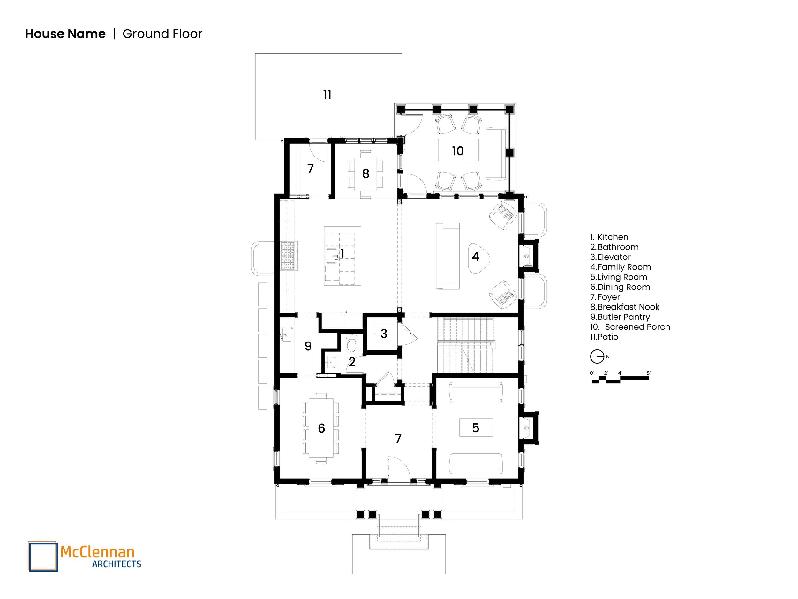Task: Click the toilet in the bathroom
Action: point(351,343)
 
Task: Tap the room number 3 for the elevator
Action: point(383,334)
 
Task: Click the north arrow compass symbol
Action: point(597,357)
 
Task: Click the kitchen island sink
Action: point(332,256)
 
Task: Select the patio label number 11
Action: point(327,95)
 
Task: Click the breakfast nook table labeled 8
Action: point(365,174)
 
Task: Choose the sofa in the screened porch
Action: point(496,153)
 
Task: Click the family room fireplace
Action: point(527,256)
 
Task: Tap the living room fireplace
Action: point(527,428)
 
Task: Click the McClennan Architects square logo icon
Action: point(43,557)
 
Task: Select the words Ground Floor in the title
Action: point(162,34)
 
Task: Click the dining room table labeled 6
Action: point(321,428)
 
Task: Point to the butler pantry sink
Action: point(287,335)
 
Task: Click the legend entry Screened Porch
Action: point(630,327)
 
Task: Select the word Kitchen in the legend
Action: point(613,237)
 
